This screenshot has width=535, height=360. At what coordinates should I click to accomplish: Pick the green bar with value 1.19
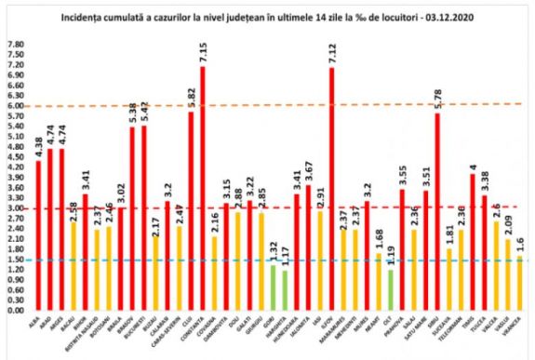click(392, 289)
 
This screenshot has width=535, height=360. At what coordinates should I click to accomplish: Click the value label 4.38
click(38, 147)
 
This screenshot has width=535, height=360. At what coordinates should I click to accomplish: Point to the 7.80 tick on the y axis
click(15, 45)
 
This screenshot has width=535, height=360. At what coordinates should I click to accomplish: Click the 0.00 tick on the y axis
click(15, 310)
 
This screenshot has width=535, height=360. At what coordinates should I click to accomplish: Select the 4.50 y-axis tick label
click(15, 157)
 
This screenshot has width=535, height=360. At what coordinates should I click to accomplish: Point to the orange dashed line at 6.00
click(279, 106)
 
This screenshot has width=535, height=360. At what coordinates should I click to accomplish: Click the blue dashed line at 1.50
click(279, 260)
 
